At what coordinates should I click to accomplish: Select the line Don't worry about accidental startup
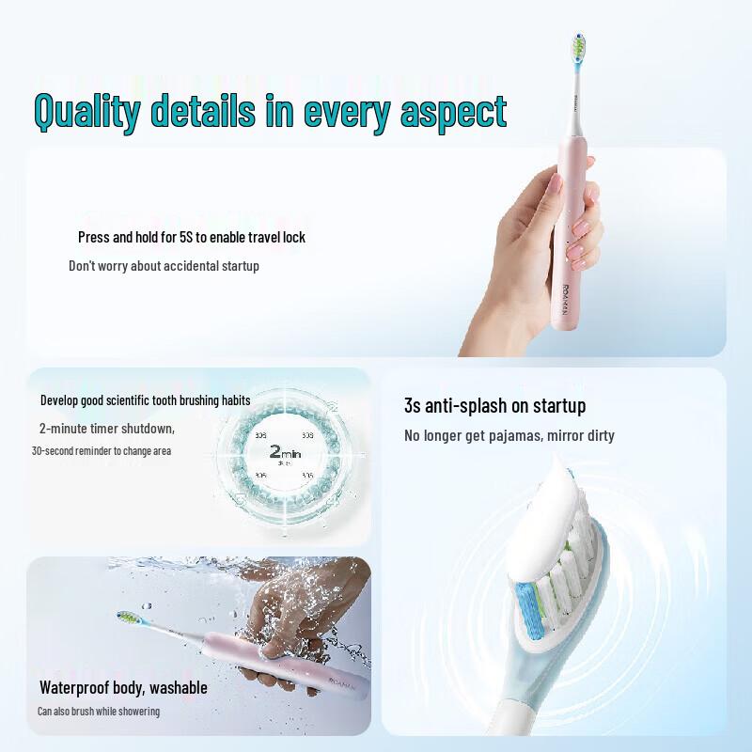164,266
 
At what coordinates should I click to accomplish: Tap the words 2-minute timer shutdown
106,428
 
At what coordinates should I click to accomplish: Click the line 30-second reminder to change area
101,450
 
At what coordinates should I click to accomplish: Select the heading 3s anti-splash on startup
494,405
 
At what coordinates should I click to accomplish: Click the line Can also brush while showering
99,711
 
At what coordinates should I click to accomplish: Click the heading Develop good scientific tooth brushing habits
145,399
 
